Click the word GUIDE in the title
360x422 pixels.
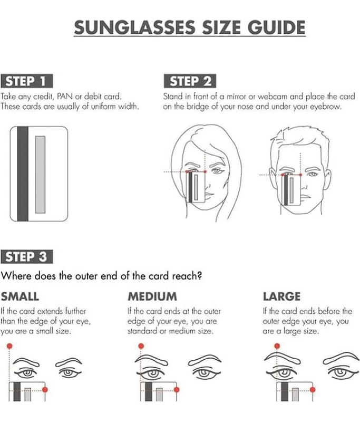276,27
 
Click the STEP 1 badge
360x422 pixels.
26,81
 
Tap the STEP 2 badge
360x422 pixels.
190,81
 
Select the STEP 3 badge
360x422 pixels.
26,256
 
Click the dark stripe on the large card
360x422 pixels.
23,174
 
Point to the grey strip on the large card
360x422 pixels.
41,175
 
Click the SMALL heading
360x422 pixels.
20,296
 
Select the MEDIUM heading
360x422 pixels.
152,296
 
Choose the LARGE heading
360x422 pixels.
281,296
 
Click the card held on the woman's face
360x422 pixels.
196,187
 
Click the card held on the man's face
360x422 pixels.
291,190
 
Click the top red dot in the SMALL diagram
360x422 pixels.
9,346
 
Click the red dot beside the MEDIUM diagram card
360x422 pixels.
177,389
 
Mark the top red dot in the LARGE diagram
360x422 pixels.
277,346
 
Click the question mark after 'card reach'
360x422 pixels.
199,275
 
